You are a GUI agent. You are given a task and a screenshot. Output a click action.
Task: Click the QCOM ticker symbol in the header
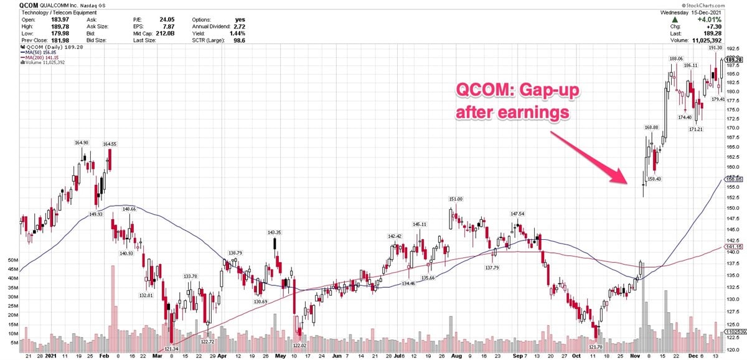click(x=11, y=5)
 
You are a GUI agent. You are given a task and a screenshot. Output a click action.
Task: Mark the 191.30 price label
click(x=716, y=48)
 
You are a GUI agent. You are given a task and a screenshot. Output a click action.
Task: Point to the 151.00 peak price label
click(x=456, y=199)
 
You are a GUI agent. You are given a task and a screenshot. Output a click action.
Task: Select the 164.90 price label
click(x=82, y=143)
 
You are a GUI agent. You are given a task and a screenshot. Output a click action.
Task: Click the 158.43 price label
click(x=656, y=179)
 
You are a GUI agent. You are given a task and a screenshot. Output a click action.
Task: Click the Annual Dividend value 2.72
click(x=232, y=27)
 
